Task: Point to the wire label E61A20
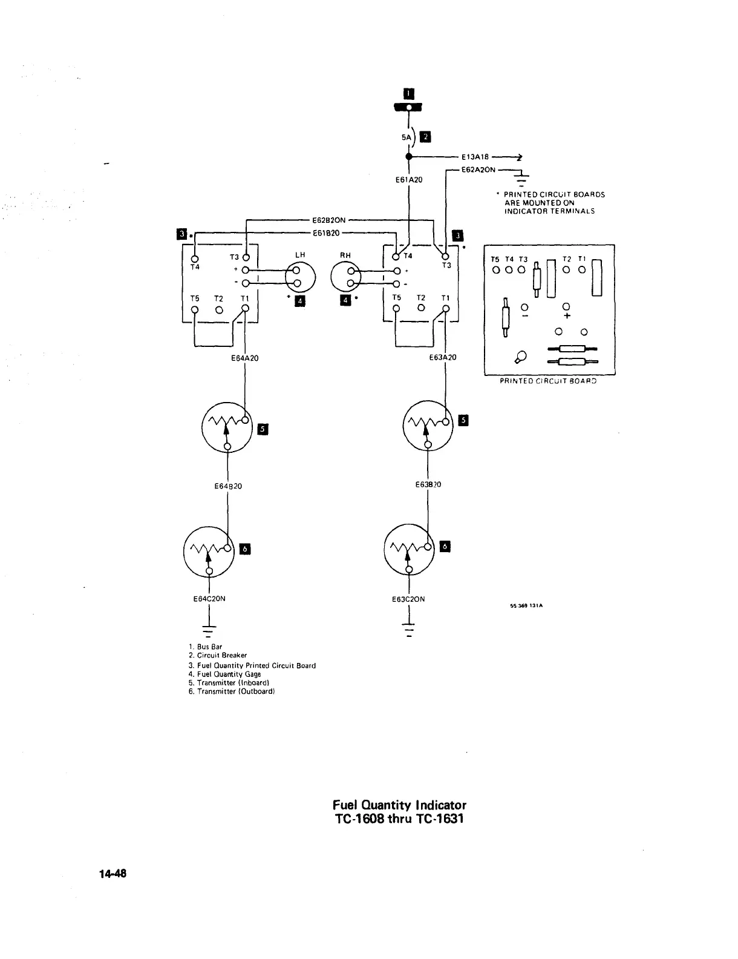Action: (410, 180)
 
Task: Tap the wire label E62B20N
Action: (328, 220)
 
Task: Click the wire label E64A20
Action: (245, 358)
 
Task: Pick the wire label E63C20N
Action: (408, 599)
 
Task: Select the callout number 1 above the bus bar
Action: (409, 93)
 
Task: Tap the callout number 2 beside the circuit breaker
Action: (425, 137)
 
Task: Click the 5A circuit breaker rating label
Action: (406, 137)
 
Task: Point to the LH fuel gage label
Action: (299, 255)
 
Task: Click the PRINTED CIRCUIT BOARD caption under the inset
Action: (548, 381)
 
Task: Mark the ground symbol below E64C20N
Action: (209, 630)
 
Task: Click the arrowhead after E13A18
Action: (518, 157)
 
